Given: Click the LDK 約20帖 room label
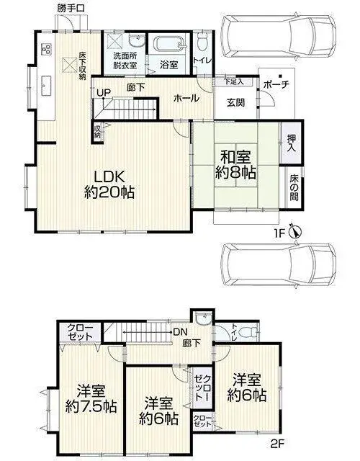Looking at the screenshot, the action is (109, 184).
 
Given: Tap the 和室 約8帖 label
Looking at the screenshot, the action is (235, 165).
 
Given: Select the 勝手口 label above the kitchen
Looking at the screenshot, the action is (71, 8).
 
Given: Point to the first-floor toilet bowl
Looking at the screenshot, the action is (202, 42).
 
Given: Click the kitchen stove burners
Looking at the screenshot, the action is (46, 49).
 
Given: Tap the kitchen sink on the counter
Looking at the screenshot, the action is (46, 86).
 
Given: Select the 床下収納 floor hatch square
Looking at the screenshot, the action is (69, 64).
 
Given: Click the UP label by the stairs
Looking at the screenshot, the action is (104, 93).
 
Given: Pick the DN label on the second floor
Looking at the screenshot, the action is (180, 332).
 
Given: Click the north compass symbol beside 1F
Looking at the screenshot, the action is (295, 232).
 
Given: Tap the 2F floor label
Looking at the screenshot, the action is (276, 443).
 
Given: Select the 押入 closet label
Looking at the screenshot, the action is (291, 143).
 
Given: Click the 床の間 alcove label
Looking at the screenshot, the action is (294, 188).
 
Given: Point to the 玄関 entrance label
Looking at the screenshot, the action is (235, 102).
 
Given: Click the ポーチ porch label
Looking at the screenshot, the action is (276, 85).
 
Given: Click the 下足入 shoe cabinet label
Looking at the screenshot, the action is (234, 81).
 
